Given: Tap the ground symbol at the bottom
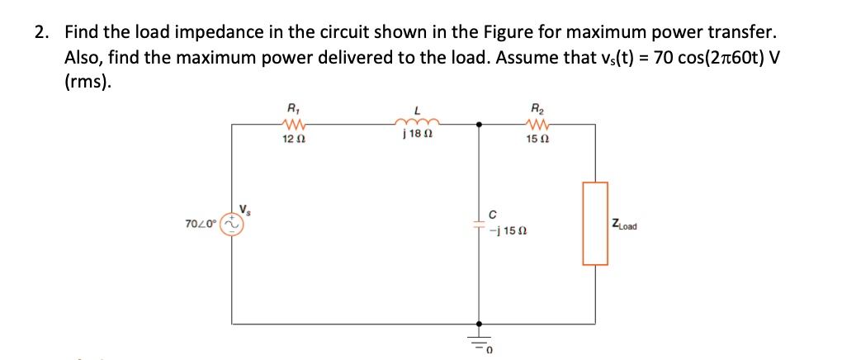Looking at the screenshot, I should click(480, 341).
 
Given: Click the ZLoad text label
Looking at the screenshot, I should click(629, 225).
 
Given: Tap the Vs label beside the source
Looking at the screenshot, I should click(245, 208).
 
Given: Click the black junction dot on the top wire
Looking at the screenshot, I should click(480, 125).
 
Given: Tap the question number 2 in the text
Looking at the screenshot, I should click(41, 33).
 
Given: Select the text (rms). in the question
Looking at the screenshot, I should click(87, 83).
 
